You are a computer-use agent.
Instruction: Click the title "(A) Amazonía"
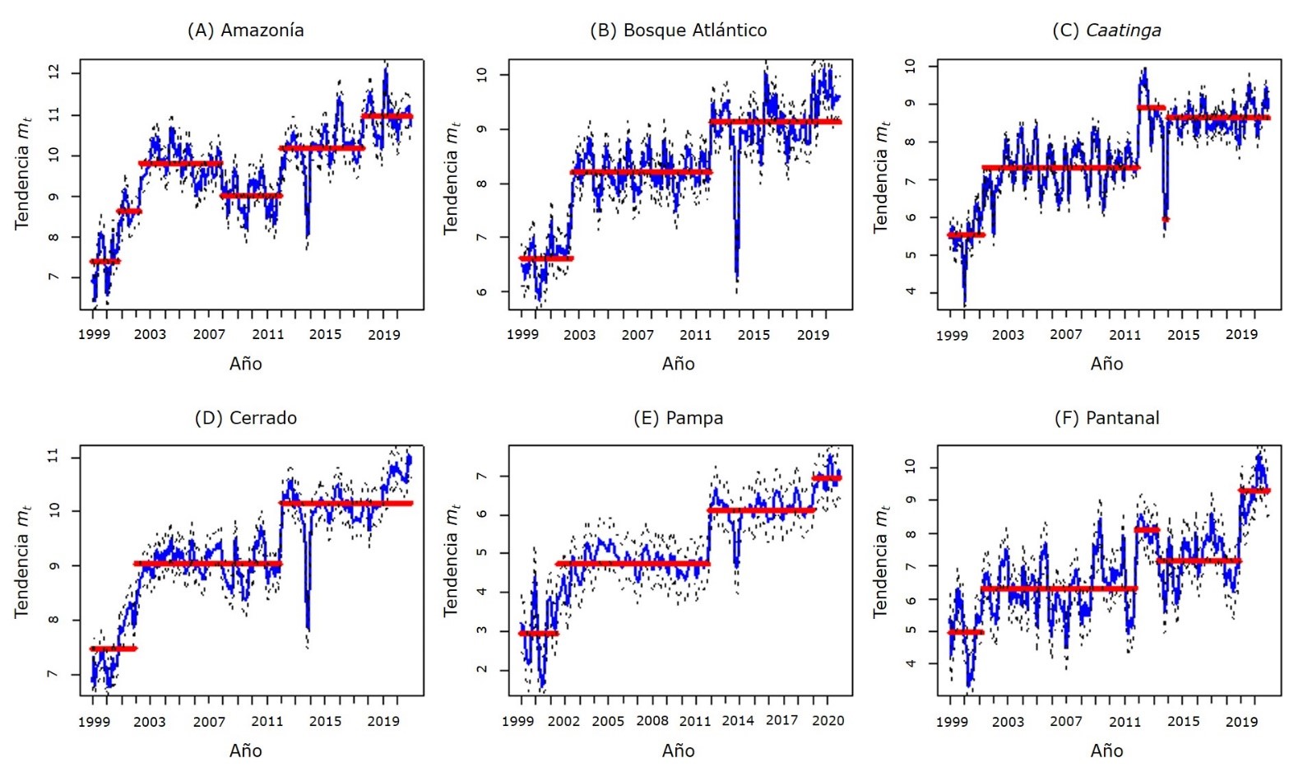click(x=245, y=30)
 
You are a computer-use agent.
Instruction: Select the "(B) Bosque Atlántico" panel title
click(x=678, y=30)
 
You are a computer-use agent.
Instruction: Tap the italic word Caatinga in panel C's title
click(x=1123, y=30)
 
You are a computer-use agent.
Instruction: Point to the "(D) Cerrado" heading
click(x=245, y=418)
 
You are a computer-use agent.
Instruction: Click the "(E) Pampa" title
click(x=678, y=418)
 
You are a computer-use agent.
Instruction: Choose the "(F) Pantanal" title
click(x=1106, y=418)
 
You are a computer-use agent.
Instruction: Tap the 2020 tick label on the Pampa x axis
click(x=828, y=721)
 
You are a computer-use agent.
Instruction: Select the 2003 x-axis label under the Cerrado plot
click(x=150, y=722)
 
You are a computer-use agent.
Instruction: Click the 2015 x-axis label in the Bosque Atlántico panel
click(x=753, y=334)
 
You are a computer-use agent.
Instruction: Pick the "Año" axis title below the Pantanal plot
click(x=1106, y=751)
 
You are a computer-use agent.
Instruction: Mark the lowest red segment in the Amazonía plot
click(x=104, y=262)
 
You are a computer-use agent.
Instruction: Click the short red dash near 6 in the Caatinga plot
click(x=1165, y=219)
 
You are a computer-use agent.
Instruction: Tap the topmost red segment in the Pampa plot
click(x=827, y=478)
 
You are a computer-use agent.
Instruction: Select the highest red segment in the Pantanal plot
click(x=1254, y=491)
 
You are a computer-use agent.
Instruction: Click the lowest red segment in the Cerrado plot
click(x=114, y=649)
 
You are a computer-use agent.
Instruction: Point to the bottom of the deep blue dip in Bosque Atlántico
click(x=737, y=280)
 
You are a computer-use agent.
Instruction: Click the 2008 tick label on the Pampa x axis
click(x=652, y=721)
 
